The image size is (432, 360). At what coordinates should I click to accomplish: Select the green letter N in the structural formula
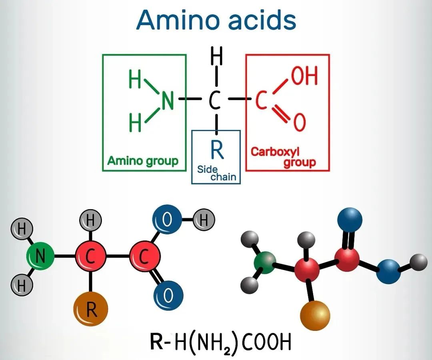pos(168,101)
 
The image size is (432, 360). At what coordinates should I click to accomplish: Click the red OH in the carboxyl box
pos(304,76)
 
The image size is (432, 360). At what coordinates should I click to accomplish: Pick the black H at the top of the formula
pos(216,58)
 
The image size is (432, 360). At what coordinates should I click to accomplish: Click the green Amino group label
pos(143,161)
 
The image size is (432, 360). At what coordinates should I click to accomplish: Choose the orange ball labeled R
pos(91,309)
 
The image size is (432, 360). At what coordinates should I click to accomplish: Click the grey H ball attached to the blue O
pos(204,220)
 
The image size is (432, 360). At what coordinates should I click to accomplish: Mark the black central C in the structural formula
pos(215,101)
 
